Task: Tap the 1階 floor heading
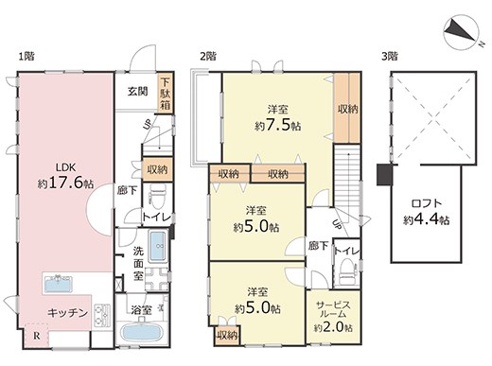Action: click(26, 57)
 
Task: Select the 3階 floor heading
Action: click(390, 57)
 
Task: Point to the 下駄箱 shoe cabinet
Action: click(165, 94)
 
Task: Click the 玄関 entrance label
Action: click(138, 91)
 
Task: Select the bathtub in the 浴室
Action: click(142, 332)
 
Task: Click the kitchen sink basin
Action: click(59, 284)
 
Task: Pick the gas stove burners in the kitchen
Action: click(102, 314)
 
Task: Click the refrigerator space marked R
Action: click(37, 336)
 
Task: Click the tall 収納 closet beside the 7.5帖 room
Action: click(347, 108)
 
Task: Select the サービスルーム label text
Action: click(333, 309)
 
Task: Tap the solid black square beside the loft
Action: click(384, 174)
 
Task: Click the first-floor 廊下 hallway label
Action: click(127, 190)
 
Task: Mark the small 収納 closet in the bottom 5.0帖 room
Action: click(227, 336)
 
